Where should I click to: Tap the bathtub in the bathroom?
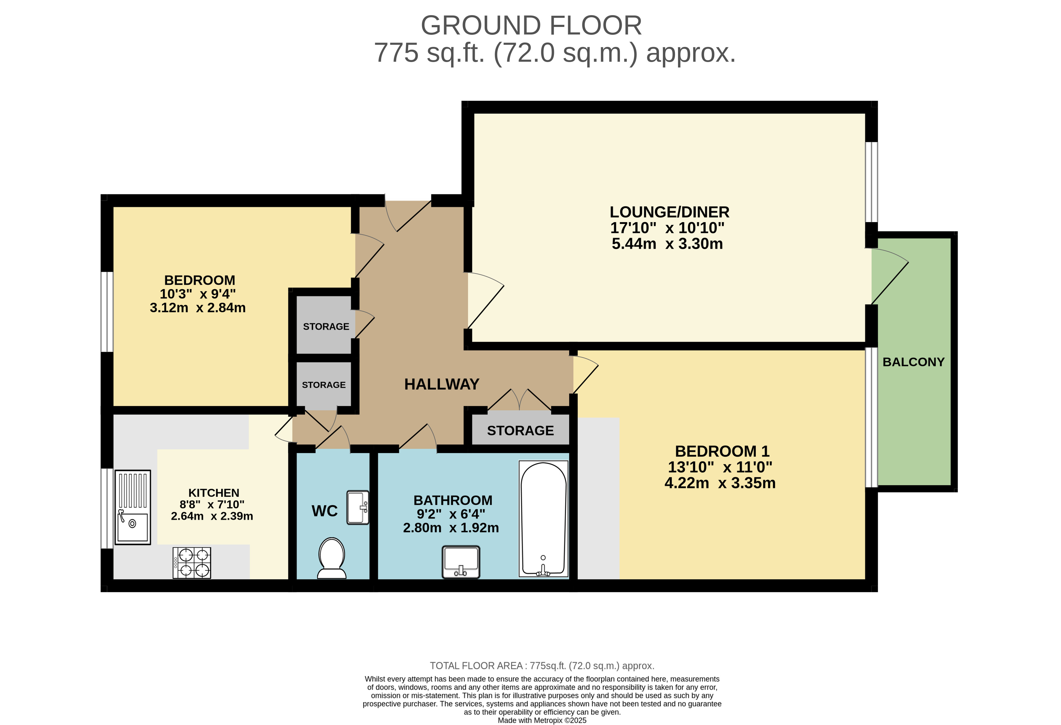coord(543,518)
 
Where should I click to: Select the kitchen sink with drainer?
coord(133,507)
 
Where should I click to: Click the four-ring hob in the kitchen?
coord(192,563)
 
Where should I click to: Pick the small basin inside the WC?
coord(358,507)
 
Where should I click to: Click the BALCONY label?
coord(913,362)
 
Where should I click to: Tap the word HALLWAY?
coord(441,384)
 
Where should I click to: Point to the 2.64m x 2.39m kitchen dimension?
coord(212,516)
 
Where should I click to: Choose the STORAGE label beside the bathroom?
coord(520,431)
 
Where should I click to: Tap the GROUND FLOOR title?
coord(531,25)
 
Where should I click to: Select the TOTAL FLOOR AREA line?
coord(542,666)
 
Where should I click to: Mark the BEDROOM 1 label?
coord(722,451)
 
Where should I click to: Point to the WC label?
coord(325,511)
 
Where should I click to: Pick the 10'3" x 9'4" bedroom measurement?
coord(198,294)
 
